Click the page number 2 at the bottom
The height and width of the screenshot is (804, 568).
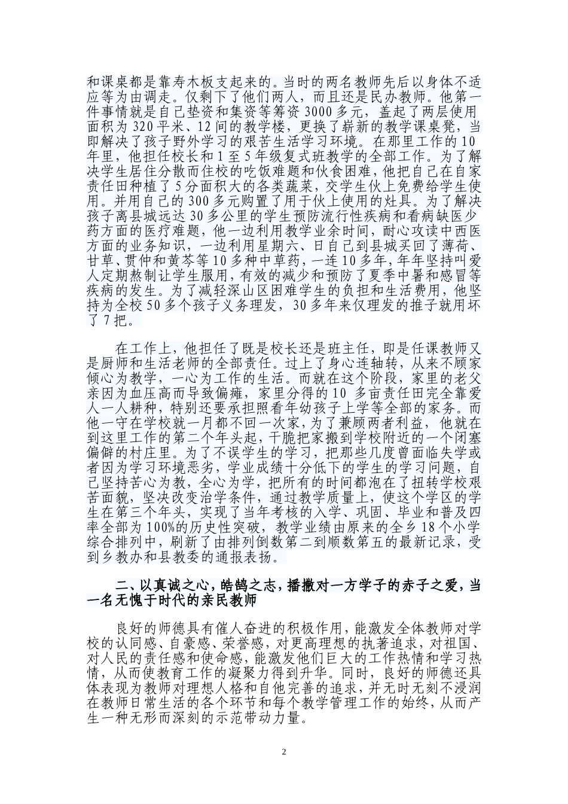[x=284, y=752]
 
